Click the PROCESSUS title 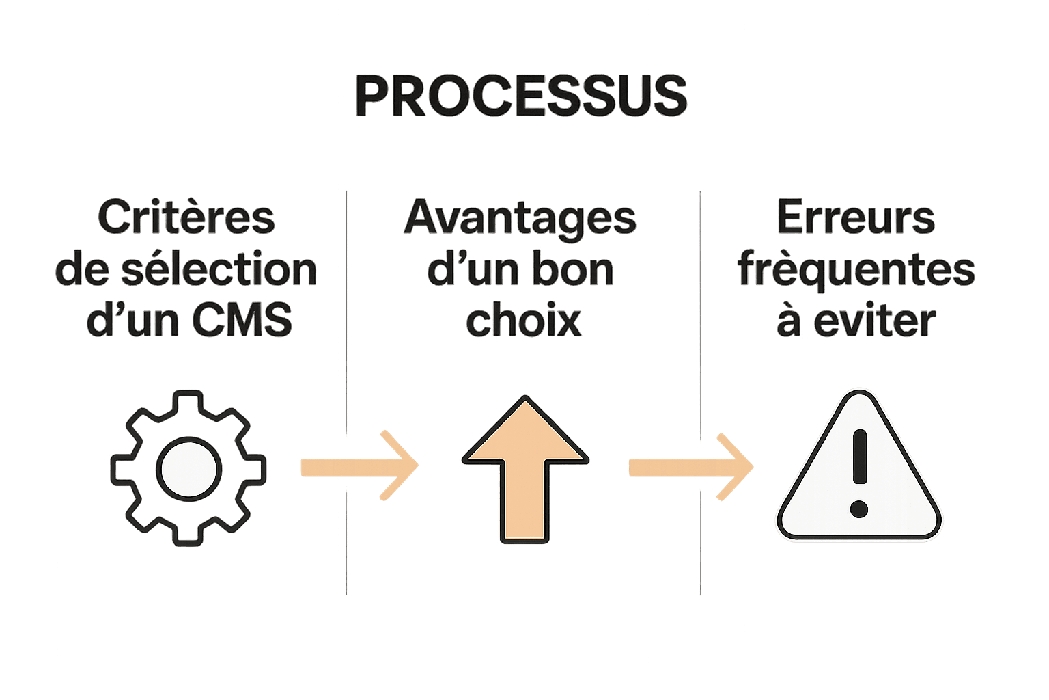[x=521, y=97]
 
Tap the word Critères [x=186, y=218]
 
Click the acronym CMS [x=242, y=320]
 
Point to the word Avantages [x=520, y=218]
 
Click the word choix [x=523, y=320]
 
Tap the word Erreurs [x=856, y=218]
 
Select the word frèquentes [x=856, y=270]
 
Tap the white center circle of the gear [x=188, y=470]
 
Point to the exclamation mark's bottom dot [x=859, y=509]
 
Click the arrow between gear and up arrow [x=359, y=467]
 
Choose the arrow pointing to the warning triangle [x=690, y=467]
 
